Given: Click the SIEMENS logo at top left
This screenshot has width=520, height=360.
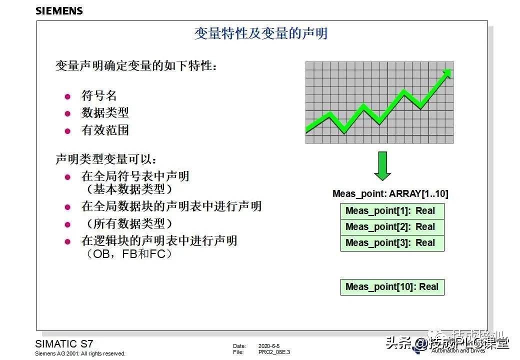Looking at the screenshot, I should [x=59, y=10].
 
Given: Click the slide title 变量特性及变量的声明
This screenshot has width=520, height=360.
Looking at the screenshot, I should [x=261, y=33].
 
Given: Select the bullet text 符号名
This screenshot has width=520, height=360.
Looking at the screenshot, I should [x=99, y=96].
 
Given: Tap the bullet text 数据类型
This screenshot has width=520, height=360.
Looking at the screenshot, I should [x=105, y=113].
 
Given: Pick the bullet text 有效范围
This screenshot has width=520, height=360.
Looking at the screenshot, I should [x=105, y=130].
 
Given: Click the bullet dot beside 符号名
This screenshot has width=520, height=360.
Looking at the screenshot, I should [x=68, y=96].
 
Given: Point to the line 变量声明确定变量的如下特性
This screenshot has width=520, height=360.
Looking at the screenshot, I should [x=136, y=65].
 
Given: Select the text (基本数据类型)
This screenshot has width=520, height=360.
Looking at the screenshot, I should [x=129, y=189].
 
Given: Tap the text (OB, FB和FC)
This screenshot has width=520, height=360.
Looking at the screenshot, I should [x=129, y=254].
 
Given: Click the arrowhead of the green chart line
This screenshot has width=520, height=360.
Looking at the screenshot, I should [x=446, y=73].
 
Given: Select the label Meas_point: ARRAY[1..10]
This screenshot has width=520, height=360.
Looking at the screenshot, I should [x=390, y=194].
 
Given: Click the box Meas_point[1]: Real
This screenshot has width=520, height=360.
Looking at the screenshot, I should [x=392, y=211].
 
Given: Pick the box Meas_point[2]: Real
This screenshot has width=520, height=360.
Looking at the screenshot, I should [x=392, y=227].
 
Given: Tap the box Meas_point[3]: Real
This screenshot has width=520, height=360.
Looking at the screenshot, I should [x=392, y=243].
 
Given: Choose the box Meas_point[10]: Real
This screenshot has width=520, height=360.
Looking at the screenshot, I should [x=392, y=287].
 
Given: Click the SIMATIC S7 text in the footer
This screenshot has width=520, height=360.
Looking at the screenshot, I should [x=64, y=344].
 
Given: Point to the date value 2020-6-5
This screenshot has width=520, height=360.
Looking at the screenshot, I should [x=269, y=346].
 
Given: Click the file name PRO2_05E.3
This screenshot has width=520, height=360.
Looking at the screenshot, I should [x=274, y=352].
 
